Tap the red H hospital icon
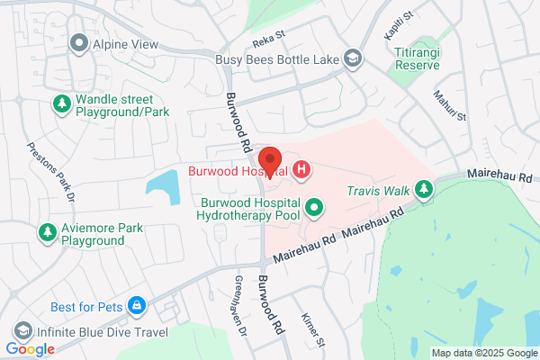(x=302, y=168)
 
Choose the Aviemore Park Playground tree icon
(x=46, y=233)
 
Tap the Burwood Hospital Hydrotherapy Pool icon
(x=314, y=209)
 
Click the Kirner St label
(x=313, y=331)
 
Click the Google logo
(x=30, y=349)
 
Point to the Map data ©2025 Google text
(x=482, y=352)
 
